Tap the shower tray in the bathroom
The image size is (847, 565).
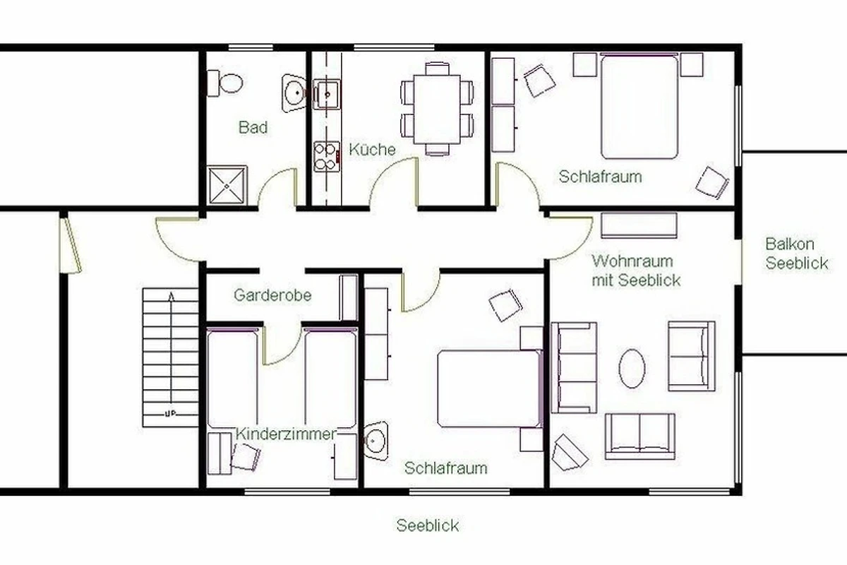click(227, 186)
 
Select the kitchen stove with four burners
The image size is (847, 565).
click(326, 157)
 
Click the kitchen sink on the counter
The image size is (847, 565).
click(327, 94)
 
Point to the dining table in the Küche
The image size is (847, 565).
click(437, 109)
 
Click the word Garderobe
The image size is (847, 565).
click(272, 295)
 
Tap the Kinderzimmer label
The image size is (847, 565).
click(285, 434)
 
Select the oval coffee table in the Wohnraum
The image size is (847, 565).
click(632, 368)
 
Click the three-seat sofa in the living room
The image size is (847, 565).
click(574, 367)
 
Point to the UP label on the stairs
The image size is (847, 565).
click(171, 413)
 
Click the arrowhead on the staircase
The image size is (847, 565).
click(172, 297)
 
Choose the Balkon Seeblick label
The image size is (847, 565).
click(797, 254)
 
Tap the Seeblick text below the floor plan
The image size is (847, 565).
click(428, 525)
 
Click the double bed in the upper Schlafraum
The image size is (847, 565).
click(639, 107)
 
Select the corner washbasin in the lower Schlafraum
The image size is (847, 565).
click(376, 441)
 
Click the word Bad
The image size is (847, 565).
click(253, 127)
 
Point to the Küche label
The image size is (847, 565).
click(372, 149)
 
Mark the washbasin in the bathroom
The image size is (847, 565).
click(294, 93)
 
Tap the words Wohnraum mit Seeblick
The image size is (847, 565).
click(636, 270)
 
